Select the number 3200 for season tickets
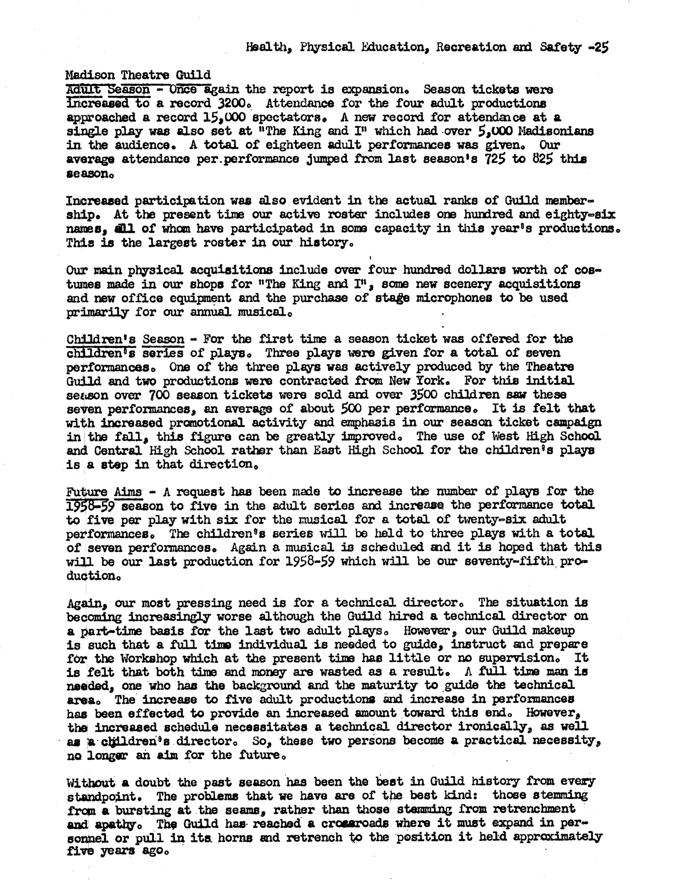(228, 103)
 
